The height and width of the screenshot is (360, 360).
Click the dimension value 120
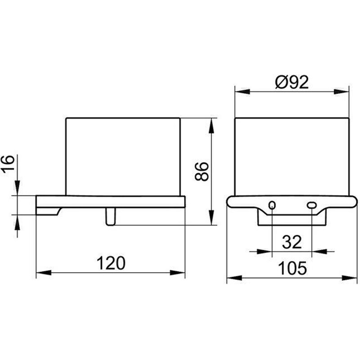111,263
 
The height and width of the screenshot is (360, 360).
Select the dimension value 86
202,171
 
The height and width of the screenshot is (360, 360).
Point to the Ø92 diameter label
292,82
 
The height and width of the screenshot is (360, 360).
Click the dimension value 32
292,242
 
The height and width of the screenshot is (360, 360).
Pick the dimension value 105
292,268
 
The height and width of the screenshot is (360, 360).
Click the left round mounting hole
272,205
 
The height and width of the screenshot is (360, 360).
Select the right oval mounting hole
311,205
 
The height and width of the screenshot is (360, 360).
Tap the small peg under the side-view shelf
110,216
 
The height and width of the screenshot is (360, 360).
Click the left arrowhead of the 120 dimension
44,273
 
